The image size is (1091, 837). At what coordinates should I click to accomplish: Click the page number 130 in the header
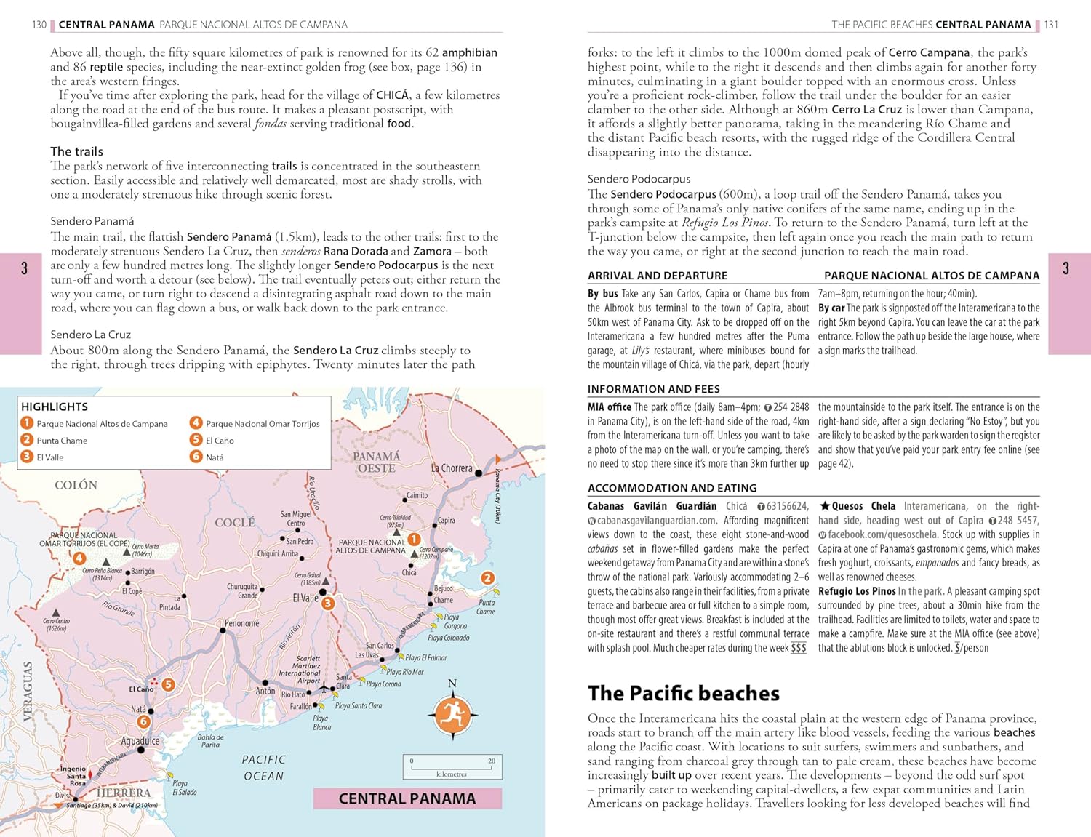coord(39,25)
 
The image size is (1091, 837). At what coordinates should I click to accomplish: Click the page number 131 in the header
coord(1051,25)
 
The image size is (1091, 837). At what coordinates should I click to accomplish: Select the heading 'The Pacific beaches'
coord(683,693)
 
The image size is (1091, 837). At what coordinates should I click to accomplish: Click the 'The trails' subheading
coord(76,151)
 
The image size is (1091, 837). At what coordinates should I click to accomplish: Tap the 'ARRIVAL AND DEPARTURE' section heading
coord(657,276)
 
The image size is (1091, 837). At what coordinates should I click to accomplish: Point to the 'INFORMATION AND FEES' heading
coord(653,389)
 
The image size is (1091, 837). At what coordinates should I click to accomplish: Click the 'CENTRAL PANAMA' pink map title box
coord(407,798)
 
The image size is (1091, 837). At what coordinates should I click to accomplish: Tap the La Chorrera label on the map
coord(452,468)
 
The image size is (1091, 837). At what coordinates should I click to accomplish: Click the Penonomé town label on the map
coord(241,623)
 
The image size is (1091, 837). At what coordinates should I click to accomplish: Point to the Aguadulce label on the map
coord(140,741)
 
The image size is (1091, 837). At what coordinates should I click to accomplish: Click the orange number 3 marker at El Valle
coord(328,604)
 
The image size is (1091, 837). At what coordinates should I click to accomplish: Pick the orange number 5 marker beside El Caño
coord(168,684)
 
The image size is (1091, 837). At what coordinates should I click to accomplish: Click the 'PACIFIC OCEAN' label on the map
coord(264,768)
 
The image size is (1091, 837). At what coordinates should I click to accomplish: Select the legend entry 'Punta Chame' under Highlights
coord(62,441)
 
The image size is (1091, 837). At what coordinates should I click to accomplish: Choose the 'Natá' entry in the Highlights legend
coord(215,457)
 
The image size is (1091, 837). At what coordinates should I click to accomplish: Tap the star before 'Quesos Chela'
coord(824,506)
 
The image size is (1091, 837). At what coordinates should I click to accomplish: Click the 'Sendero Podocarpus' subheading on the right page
coord(639,179)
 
